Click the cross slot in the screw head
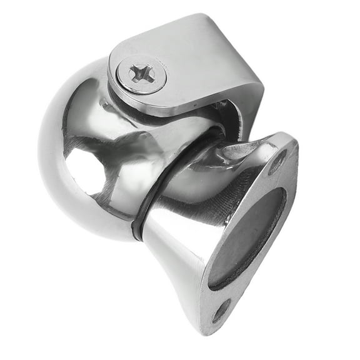(142, 74)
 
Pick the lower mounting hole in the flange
(221, 311)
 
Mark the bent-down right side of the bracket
(247, 100)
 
